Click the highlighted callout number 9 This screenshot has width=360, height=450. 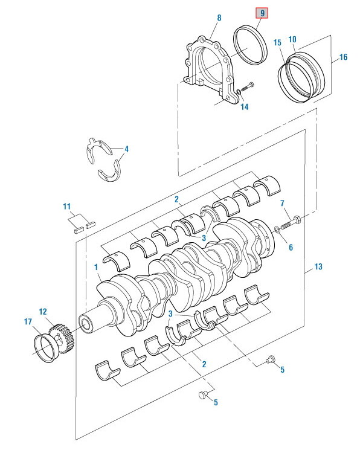[263, 12]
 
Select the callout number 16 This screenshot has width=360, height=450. [343, 58]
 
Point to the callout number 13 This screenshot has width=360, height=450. [318, 266]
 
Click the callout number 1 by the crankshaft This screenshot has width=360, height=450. [96, 266]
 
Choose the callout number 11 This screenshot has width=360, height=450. [68, 207]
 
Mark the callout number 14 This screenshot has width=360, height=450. [244, 107]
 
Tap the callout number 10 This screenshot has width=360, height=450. [292, 40]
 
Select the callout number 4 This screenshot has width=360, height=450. [126, 149]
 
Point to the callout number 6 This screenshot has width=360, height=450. [290, 247]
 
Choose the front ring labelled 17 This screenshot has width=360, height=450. [43, 349]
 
